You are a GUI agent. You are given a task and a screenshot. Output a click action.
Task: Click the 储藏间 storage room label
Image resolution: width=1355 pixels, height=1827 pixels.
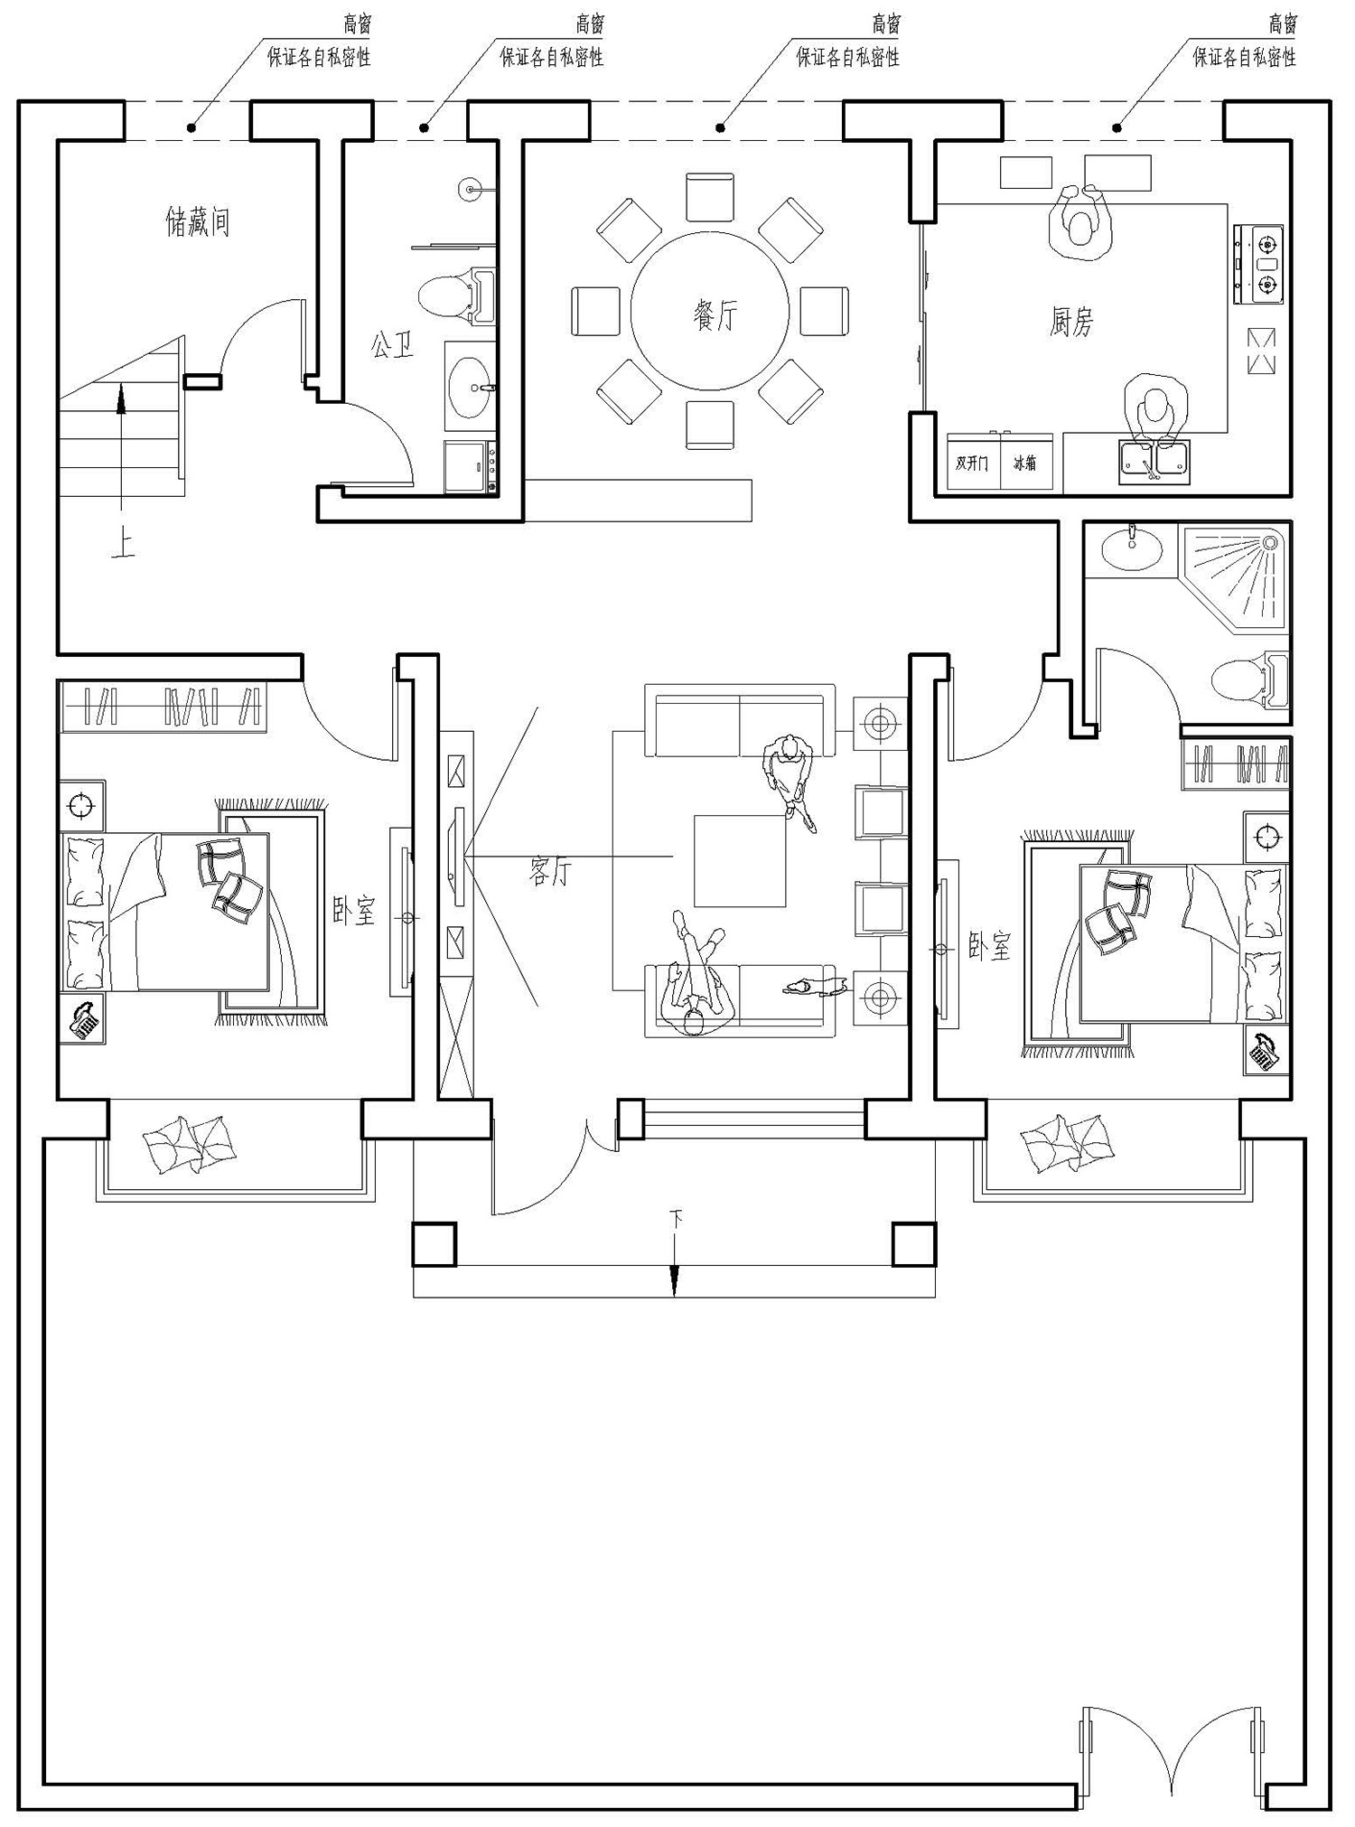(x=198, y=221)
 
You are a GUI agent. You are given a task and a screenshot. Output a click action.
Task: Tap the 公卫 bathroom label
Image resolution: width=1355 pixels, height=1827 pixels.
(x=392, y=344)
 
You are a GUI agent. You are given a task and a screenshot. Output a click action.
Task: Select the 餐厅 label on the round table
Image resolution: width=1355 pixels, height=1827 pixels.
(x=715, y=315)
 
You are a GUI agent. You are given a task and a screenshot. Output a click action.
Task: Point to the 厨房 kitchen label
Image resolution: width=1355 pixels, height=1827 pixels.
(x=1072, y=322)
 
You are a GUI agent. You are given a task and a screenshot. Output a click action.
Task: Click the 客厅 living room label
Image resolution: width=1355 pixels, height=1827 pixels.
(x=550, y=871)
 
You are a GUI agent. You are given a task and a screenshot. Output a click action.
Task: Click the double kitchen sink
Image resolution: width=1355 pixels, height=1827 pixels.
(x=1154, y=460)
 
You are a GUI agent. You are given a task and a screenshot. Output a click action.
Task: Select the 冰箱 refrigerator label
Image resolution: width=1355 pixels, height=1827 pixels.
(x=1024, y=464)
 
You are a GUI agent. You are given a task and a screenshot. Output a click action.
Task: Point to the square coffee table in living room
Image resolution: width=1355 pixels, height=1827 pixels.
(x=740, y=860)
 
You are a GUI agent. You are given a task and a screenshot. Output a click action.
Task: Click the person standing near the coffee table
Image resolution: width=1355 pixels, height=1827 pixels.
(x=792, y=776)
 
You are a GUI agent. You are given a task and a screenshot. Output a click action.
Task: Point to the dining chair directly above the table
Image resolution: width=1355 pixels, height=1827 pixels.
(x=710, y=196)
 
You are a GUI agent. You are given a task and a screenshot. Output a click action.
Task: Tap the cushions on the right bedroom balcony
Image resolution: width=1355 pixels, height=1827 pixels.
(x=1068, y=1142)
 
